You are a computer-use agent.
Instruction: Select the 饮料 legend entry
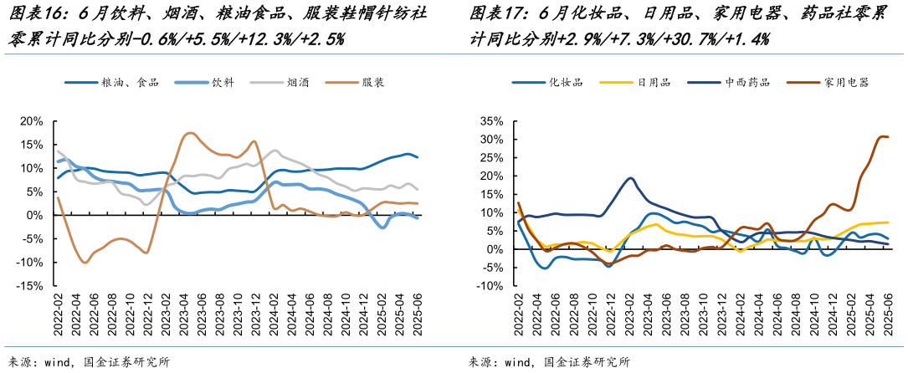(222, 83)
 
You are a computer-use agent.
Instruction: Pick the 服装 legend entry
(373, 83)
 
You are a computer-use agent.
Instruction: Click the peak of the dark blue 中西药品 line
(630, 178)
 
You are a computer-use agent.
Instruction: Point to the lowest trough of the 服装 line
(85, 263)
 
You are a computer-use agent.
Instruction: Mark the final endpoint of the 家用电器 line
(888, 136)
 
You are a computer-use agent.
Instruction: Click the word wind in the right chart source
(517, 362)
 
